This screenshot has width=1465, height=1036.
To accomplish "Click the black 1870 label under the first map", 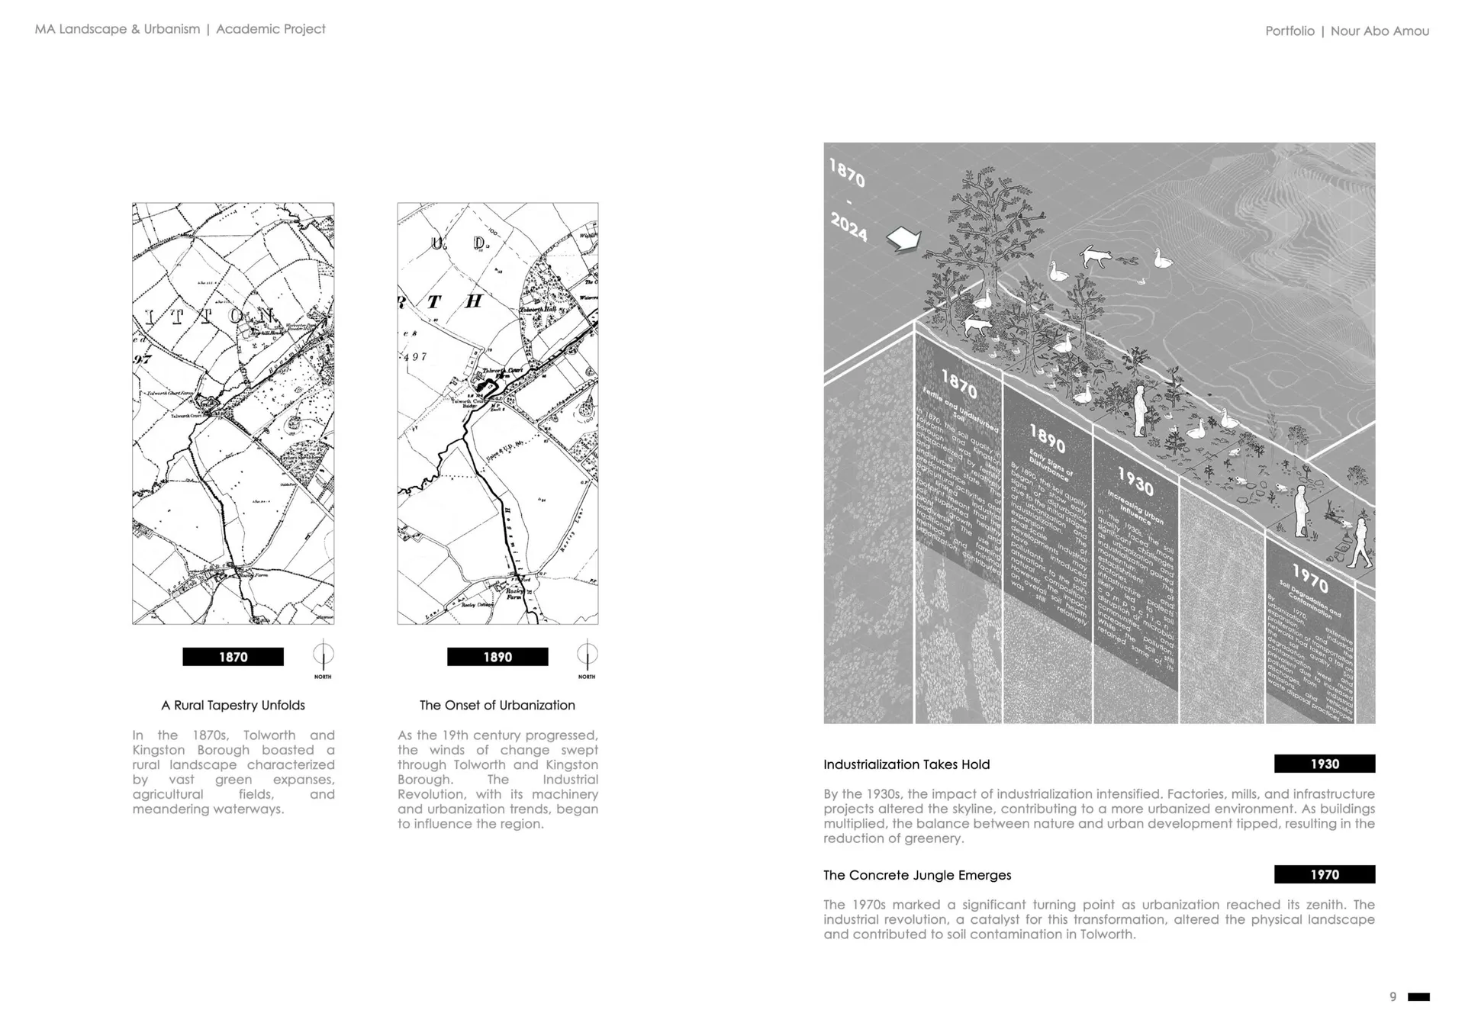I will [233, 657].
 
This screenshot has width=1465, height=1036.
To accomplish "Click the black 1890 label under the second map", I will [497, 657].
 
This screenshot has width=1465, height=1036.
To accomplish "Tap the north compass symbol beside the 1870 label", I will [323, 655].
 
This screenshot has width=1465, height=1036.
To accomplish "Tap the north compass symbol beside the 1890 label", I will [587, 655].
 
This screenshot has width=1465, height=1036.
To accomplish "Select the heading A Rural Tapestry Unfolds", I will [233, 705].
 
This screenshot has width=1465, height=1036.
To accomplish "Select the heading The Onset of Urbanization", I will [497, 705].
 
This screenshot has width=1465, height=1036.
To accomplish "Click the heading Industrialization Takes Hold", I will [906, 764].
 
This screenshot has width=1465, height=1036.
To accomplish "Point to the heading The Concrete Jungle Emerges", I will [917, 875].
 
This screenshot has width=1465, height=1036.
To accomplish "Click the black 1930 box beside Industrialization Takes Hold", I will [1325, 764].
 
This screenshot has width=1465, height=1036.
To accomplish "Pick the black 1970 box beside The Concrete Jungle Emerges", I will [1325, 874].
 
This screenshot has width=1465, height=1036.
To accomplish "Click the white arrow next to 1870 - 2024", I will [903, 240].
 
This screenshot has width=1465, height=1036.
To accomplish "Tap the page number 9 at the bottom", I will [1393, 997].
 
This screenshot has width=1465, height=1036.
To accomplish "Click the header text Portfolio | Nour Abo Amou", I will [1347, 31].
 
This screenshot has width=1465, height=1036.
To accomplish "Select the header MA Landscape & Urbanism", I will [118, 29].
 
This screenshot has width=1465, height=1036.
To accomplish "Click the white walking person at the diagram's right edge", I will [1358, 543].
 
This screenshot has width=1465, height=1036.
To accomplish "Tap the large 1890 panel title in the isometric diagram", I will [1047, 439].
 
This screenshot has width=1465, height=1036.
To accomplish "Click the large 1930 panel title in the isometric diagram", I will [1135, 481].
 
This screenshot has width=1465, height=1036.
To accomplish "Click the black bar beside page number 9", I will [1418, 997].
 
